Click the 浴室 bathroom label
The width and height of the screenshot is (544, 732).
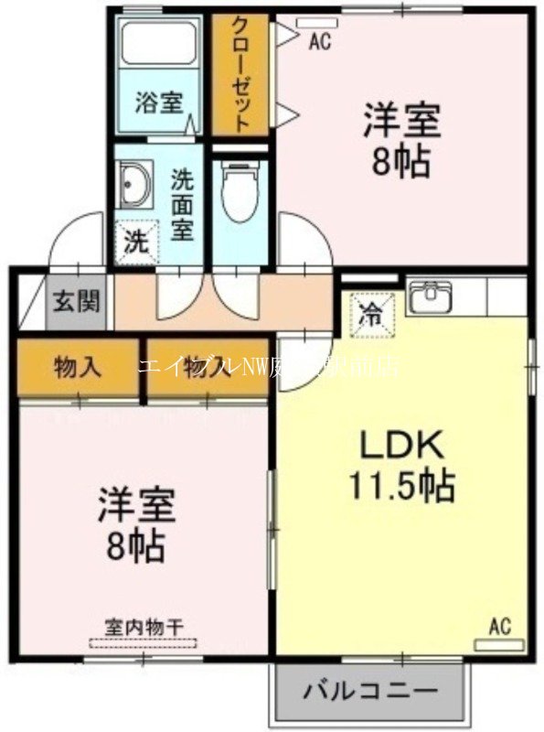point(159,102)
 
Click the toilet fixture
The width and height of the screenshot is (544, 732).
point(240,192)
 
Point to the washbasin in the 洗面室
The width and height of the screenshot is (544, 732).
point(135,186)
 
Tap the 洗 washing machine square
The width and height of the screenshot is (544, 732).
point(133,242)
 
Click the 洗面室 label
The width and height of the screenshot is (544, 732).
point(183,202)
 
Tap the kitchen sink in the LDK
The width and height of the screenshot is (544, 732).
point(429,298)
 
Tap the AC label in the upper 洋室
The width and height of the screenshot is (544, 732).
point(319,39)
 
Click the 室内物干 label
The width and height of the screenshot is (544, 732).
point(144,627)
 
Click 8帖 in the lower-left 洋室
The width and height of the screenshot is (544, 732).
point(139,546)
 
